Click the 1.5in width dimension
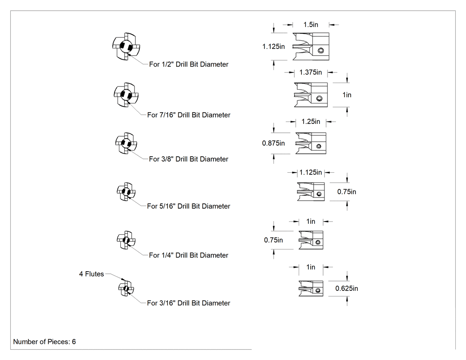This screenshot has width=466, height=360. point(311,25)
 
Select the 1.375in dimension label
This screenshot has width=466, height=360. point(311,72)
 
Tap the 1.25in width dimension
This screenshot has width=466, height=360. point(311,122)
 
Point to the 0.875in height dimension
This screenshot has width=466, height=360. point(273,143)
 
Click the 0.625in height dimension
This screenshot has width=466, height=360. point(347,289)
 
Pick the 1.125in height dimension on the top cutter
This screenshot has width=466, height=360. point(273,47)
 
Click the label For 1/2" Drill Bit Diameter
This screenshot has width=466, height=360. point(189,64)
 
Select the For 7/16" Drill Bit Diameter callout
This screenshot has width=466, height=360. point(189,115)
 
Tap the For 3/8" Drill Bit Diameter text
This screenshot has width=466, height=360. point(189,159)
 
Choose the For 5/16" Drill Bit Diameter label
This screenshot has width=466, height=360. point(189,206)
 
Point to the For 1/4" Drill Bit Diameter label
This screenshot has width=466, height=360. point(189,255)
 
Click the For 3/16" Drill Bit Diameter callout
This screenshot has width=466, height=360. point(189,303)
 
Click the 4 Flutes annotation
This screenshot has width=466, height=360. point(91,274)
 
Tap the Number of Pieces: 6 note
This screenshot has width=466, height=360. point(44,341)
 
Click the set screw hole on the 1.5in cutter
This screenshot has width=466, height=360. point(321,51)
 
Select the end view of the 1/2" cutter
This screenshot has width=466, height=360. point(126,47)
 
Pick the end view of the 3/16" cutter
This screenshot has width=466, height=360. point(126,289)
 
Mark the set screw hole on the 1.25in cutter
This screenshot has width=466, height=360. point(319,146)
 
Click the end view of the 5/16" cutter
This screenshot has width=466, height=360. point(126,192)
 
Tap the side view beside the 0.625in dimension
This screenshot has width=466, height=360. point(311,289)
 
